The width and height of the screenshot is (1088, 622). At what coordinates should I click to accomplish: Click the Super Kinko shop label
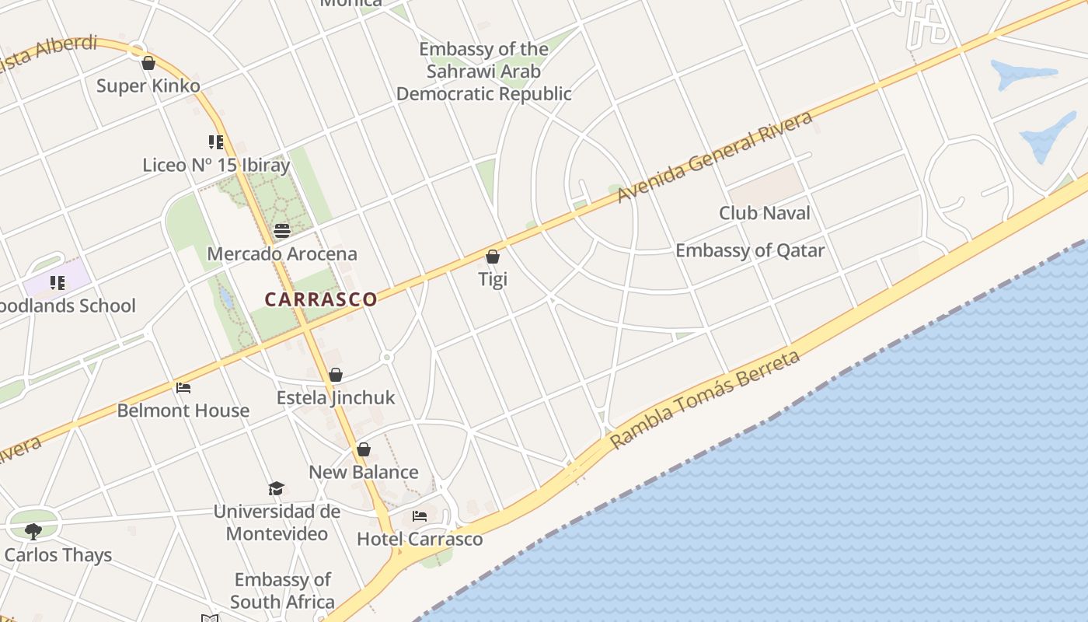click(148, 86)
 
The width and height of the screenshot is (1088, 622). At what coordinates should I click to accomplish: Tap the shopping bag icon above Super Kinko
click(148, 63)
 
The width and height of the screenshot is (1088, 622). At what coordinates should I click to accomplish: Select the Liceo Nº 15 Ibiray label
click(216, 165)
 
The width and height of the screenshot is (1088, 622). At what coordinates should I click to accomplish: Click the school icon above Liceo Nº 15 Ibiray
click(216, 142)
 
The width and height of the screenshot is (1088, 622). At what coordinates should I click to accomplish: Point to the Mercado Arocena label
click(282, 253)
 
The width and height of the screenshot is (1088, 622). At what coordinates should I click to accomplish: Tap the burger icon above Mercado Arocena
click(282, 231)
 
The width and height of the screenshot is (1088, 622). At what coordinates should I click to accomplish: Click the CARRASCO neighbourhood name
click(321, 299)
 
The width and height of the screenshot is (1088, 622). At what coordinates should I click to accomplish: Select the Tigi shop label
click(493, 279)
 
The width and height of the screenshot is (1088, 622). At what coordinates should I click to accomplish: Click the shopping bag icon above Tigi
click(493, 257)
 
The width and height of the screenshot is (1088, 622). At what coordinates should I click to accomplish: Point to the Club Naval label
click(765, 213)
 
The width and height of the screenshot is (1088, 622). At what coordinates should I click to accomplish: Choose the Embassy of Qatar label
click(750, 250)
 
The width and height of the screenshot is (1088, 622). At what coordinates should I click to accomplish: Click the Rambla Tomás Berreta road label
click(705, 400)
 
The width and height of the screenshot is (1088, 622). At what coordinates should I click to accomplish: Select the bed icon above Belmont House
click(183, 388)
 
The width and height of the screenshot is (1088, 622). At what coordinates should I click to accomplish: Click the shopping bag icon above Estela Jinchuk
click(336, 376)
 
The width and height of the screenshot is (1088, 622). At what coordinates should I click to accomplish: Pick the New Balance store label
click(364, 472)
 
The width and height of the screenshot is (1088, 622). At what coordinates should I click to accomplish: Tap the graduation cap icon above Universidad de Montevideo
click(277, 488)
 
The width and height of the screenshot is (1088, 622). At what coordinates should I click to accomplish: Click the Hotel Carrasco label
click(420, 539)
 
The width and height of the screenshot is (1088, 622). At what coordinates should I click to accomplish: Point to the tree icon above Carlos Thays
click(33, 532)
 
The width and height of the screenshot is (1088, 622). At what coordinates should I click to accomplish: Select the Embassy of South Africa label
click(283, 591)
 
